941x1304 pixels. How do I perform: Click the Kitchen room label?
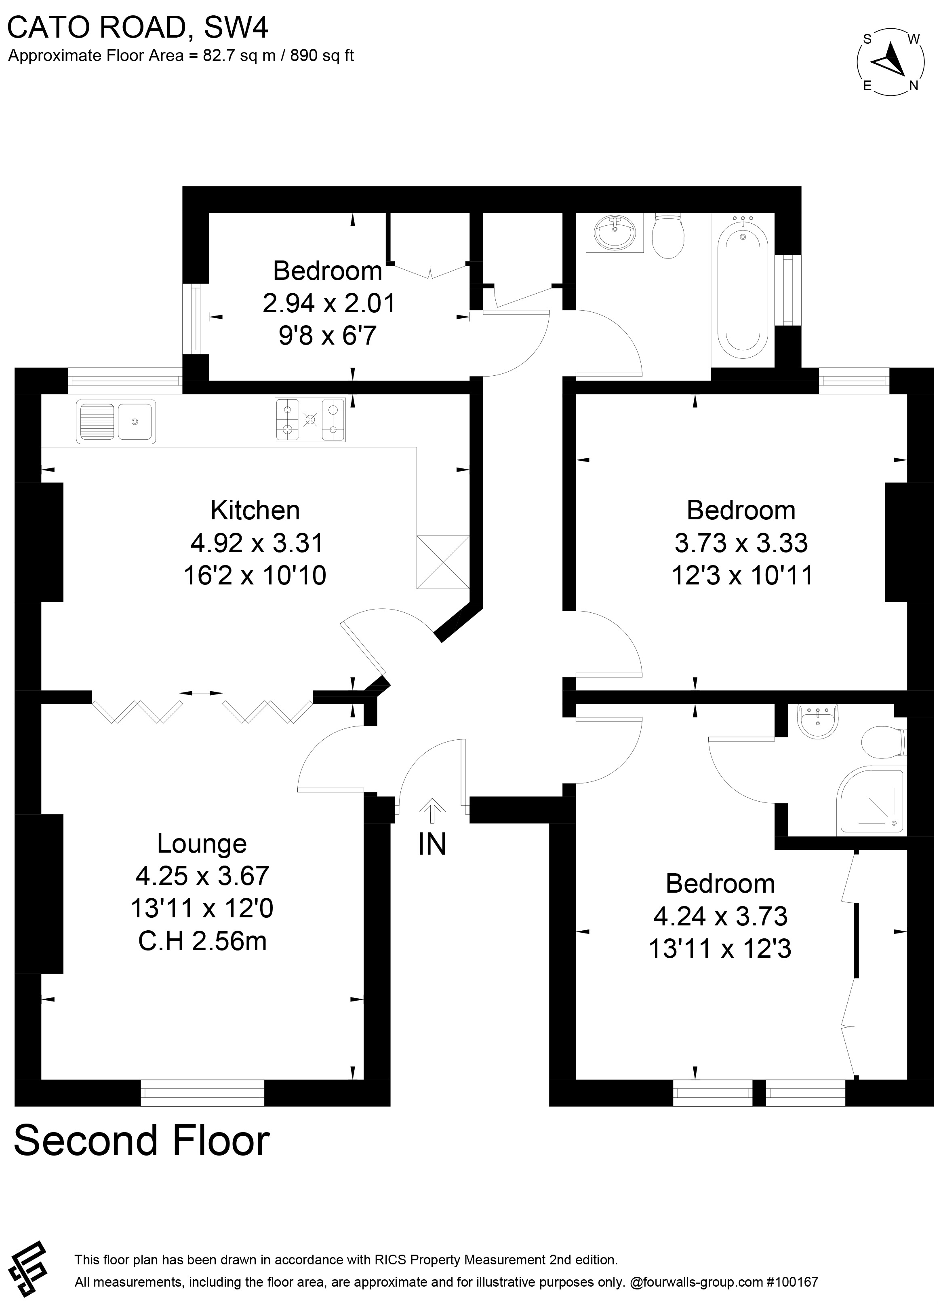(x=255, y=510)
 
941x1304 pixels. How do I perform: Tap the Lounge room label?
(x=202, y=843)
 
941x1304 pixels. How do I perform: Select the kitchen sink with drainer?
(x=116, y=421)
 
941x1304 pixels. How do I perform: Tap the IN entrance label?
(x=432, y=845)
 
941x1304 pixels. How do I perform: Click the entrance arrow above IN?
(x=432, y=811)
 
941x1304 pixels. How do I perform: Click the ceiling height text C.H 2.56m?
(x=202, y=941)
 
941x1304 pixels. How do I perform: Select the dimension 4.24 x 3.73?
(x=720, y=916)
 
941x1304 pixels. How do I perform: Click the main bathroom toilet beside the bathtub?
(x=668, y=236)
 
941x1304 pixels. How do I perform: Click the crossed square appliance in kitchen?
(x=443, y=562)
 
